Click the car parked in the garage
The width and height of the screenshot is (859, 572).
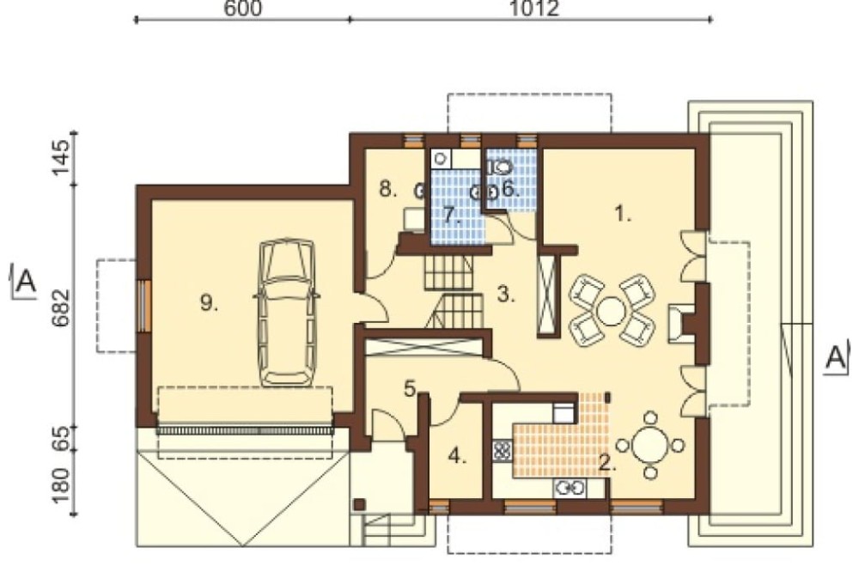point(288,313)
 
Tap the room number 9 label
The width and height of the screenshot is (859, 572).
point(209,302)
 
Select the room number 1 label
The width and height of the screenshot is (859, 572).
point(622,214)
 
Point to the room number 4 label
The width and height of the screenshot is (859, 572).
point(458,456)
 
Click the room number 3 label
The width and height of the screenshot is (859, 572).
point(506,295)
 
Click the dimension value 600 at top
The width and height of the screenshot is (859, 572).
point(243,8)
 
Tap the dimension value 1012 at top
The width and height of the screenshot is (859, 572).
point(534,8)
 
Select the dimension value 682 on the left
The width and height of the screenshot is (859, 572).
point(61,307)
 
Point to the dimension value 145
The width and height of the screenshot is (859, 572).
point(61,158)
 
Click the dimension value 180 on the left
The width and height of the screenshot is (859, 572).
point(61,485)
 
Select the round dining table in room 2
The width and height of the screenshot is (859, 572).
point(650,445)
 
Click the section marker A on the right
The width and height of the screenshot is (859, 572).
point(837,356)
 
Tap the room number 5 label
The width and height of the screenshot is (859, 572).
point(411,388)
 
